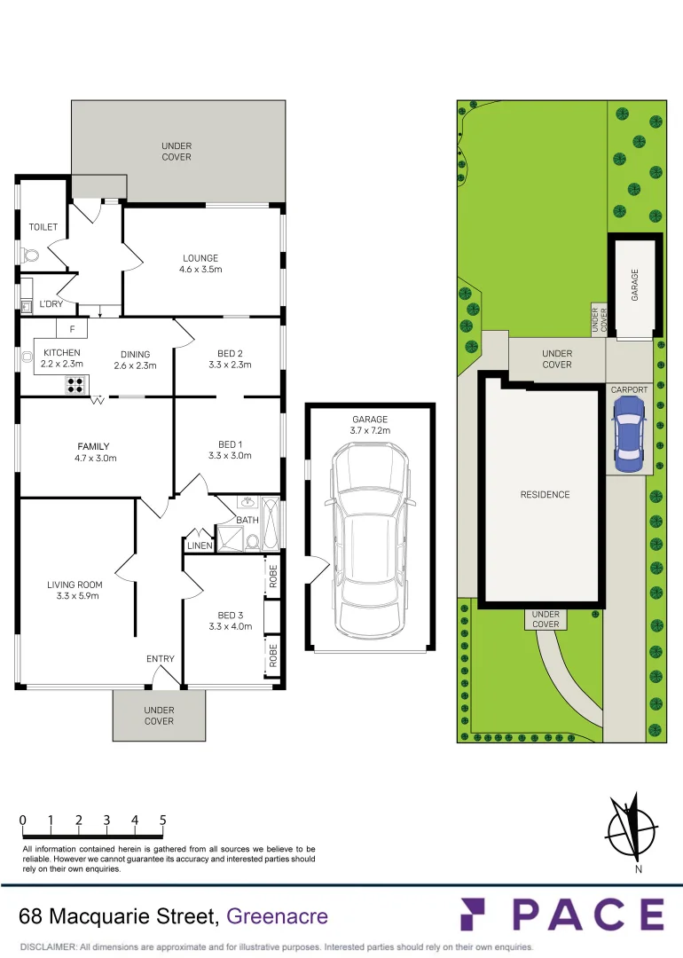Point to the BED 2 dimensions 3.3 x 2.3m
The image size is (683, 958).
coord(229,365)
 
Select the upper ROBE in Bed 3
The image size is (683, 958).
coord(273,577)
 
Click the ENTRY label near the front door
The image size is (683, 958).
coord(161,659)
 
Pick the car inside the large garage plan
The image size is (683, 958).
coord(369,530)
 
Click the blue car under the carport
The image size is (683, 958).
coord(629,433)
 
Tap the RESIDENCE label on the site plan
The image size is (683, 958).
coord(545,495)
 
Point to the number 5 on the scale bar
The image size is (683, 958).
coord(163,821)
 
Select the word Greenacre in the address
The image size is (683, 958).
coord(278,916)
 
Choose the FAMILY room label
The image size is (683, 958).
coord(93,446)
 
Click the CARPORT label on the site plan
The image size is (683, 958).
coord(629,389)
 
